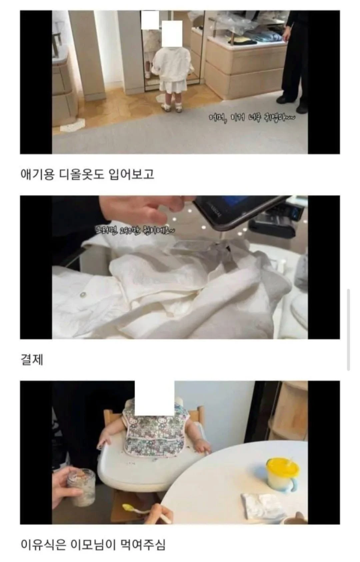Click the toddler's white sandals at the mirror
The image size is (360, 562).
[x=171, y=107]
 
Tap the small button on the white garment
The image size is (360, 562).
[x=82, y=294]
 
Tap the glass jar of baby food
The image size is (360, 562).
[x=81, y=486]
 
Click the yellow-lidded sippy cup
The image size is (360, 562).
[x=281, y=474]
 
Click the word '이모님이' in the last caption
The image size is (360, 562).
[x=96, y=545]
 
